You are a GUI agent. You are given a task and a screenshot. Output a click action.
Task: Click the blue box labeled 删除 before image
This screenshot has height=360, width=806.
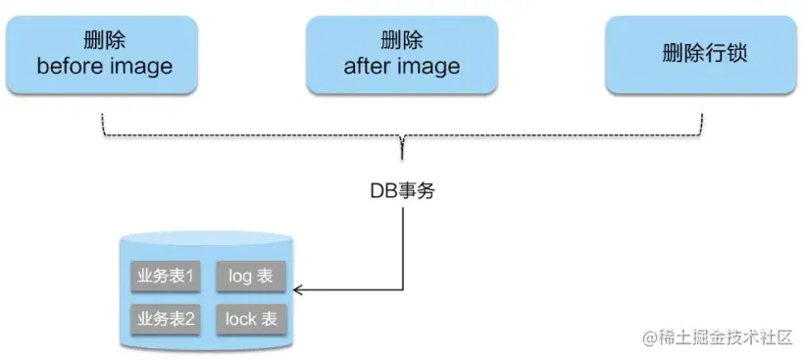[x=104, y=54]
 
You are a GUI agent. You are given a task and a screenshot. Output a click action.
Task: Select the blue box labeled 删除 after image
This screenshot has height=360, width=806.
[x=402, y=54]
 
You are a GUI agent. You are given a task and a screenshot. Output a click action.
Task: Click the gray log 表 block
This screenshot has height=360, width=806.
[x=250, y=277]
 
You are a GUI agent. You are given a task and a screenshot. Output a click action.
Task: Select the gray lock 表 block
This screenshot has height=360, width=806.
[x=250, y=319]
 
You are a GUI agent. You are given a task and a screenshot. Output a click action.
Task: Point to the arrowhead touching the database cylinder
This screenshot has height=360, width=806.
[x=298, y=289]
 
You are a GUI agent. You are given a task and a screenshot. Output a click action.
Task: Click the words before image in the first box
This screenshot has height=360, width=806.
[x=104, y=67]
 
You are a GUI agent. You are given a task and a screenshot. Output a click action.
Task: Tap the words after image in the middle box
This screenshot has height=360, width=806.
[x=402, y=67]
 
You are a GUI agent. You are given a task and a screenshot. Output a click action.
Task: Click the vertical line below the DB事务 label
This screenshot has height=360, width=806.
[x=403, y=245]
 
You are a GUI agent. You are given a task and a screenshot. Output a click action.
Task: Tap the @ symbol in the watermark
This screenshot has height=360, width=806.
[x=649, y=338]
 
